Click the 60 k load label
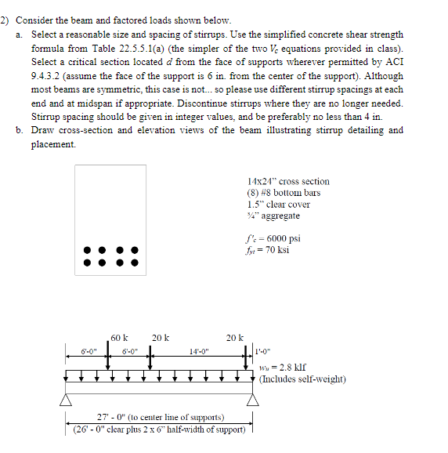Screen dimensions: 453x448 click(x=120, y=338)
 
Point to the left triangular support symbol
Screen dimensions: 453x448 click(x=67, y=400)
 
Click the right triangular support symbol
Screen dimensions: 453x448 click(x=252, y=400)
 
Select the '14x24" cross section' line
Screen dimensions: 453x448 click(x=287, y=181)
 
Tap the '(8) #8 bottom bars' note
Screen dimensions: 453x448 click(x=283, y=193)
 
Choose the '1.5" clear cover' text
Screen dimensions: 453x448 click(x=277, y=204)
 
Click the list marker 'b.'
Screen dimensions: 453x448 click(x=19, y=130)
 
